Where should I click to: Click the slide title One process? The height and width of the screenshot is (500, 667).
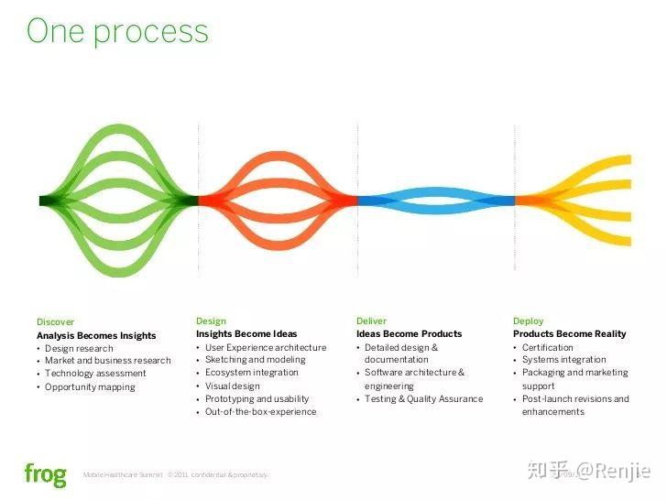[117, 32]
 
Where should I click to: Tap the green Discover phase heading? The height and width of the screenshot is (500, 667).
[55, 322]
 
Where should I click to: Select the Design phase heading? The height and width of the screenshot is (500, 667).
[211, 321]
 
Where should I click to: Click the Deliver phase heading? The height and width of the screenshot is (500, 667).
[371, 321]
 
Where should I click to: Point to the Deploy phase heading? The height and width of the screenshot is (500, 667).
[528, 321]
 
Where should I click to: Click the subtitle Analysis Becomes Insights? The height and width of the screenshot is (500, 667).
[96, 335]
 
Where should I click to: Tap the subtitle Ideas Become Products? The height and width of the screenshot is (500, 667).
[409, 334]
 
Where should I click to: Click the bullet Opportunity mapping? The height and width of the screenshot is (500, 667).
[90, 387]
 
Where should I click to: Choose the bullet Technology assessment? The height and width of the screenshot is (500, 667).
[95, 374]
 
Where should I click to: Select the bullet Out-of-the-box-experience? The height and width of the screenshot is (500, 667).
[260, 412]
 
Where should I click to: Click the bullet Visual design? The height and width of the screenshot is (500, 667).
[232, 386]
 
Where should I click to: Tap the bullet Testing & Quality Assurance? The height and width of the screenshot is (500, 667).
[423, 399]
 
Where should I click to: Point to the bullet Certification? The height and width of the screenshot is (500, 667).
[548, 348]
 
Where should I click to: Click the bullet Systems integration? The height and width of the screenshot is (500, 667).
[563, 360]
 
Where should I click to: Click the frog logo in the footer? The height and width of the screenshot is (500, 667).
[45, 474]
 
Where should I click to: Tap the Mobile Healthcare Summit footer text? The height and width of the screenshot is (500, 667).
[123, 475]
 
